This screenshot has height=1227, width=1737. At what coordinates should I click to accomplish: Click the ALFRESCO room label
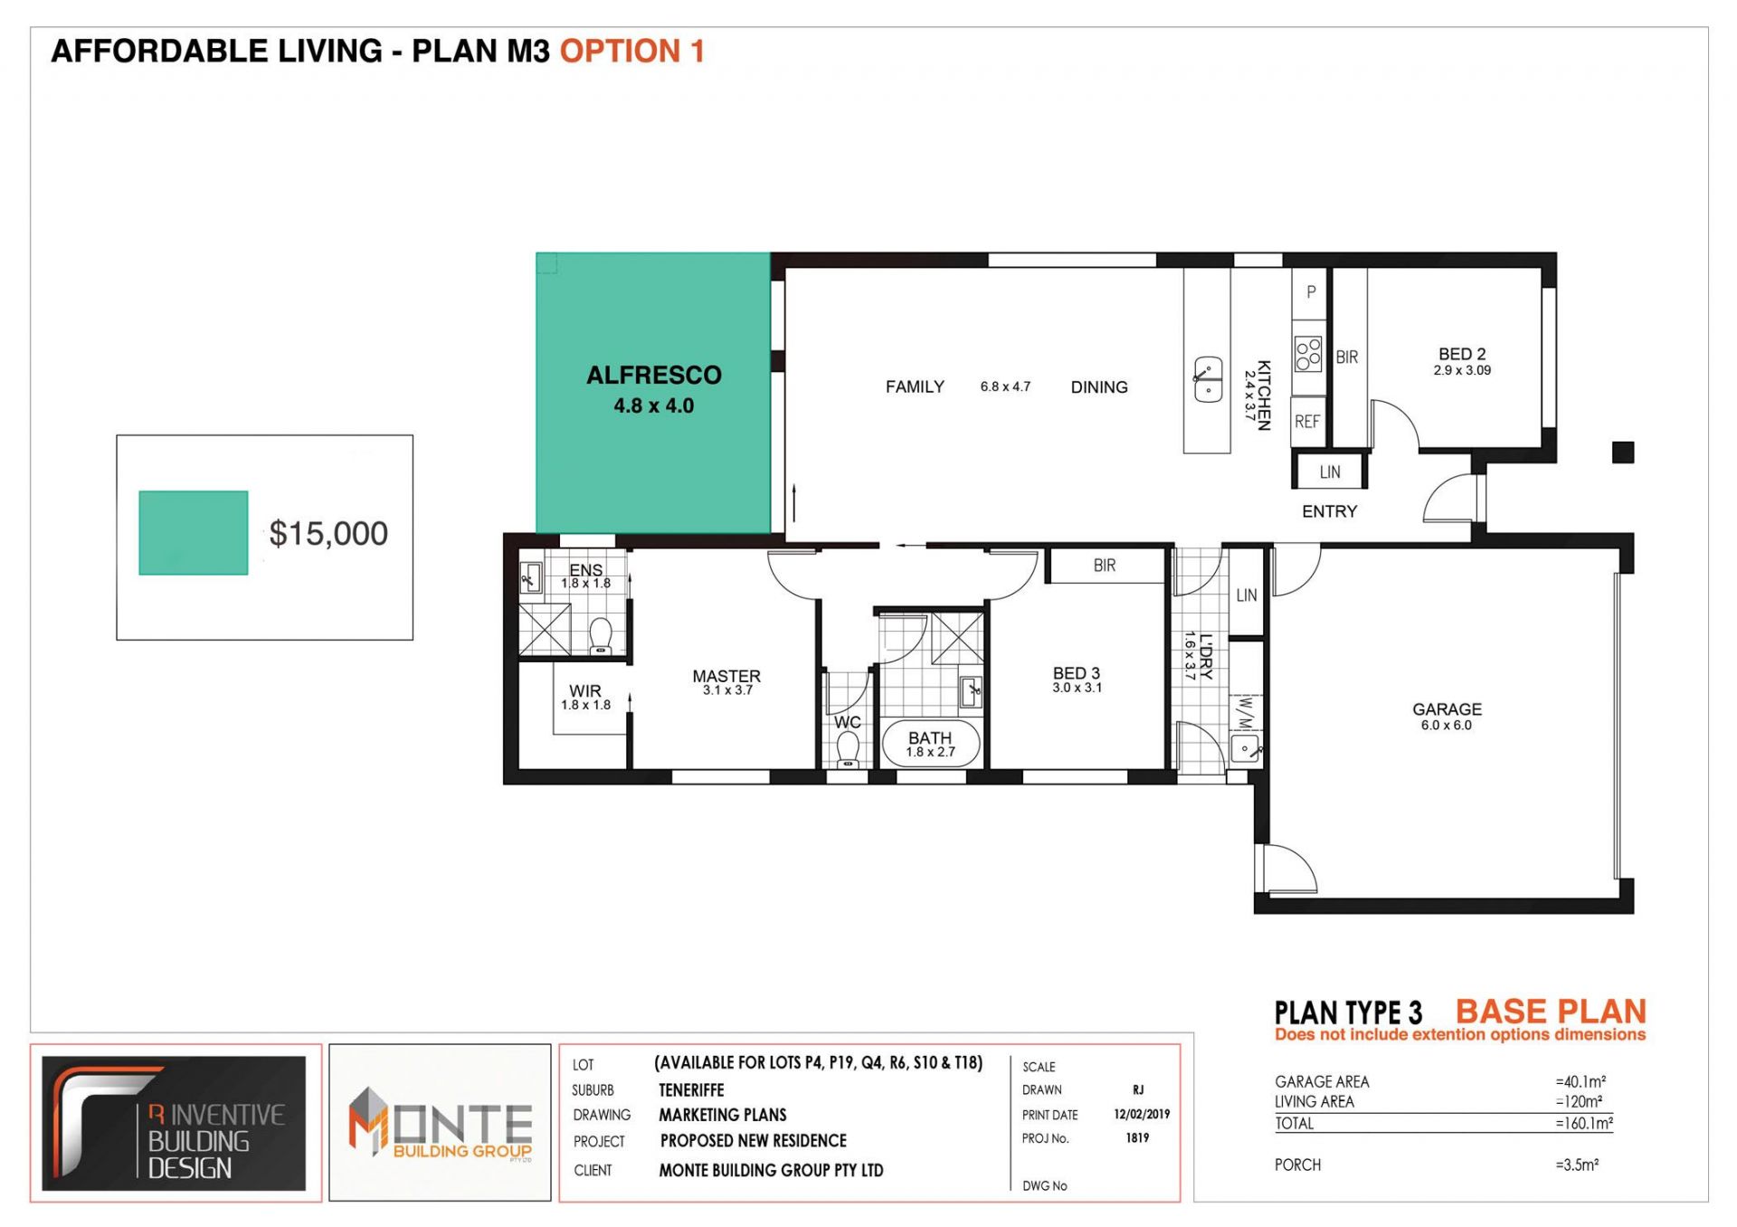[x=654, y=376]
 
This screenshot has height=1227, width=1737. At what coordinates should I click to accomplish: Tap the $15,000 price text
[x=328, y=534]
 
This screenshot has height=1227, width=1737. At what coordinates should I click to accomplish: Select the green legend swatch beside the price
[x=194, y=533]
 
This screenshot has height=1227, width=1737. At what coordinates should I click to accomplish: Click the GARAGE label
[x=1447, y=709]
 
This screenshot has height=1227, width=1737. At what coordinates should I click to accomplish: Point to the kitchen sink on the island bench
[x=1208, y=380]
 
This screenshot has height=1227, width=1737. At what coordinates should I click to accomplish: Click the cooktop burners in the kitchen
[x=1308, y=355]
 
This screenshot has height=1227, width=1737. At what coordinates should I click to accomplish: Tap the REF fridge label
[x=1307, y=422]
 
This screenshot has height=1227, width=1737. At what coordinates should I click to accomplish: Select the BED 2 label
[x=1462, y=354]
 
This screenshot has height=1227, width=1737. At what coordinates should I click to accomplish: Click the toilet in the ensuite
[x=601, y=635]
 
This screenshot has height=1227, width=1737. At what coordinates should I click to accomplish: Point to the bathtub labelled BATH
[x=930, y=744]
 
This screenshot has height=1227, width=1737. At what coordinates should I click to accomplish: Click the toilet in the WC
[x=848, y=749]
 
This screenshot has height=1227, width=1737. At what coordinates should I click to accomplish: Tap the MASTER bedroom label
[x=726, y=676]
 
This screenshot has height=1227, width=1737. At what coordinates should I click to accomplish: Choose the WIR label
[x=585, y=690]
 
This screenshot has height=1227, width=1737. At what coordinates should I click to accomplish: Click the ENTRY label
[x=1329, y=511]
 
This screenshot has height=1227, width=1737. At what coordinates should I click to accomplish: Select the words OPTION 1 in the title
[x=631, y=51]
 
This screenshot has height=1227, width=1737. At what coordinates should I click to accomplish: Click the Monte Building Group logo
[x=441, y=1123]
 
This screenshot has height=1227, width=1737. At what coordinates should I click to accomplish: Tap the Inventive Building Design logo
[x=175, y=1123]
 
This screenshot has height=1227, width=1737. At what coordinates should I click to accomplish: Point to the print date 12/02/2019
[x=1142, y=1115]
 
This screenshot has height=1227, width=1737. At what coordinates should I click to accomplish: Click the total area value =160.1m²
[x=1584, y=1123]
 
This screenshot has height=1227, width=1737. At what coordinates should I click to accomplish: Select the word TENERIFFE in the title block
[x=691, y=1090]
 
